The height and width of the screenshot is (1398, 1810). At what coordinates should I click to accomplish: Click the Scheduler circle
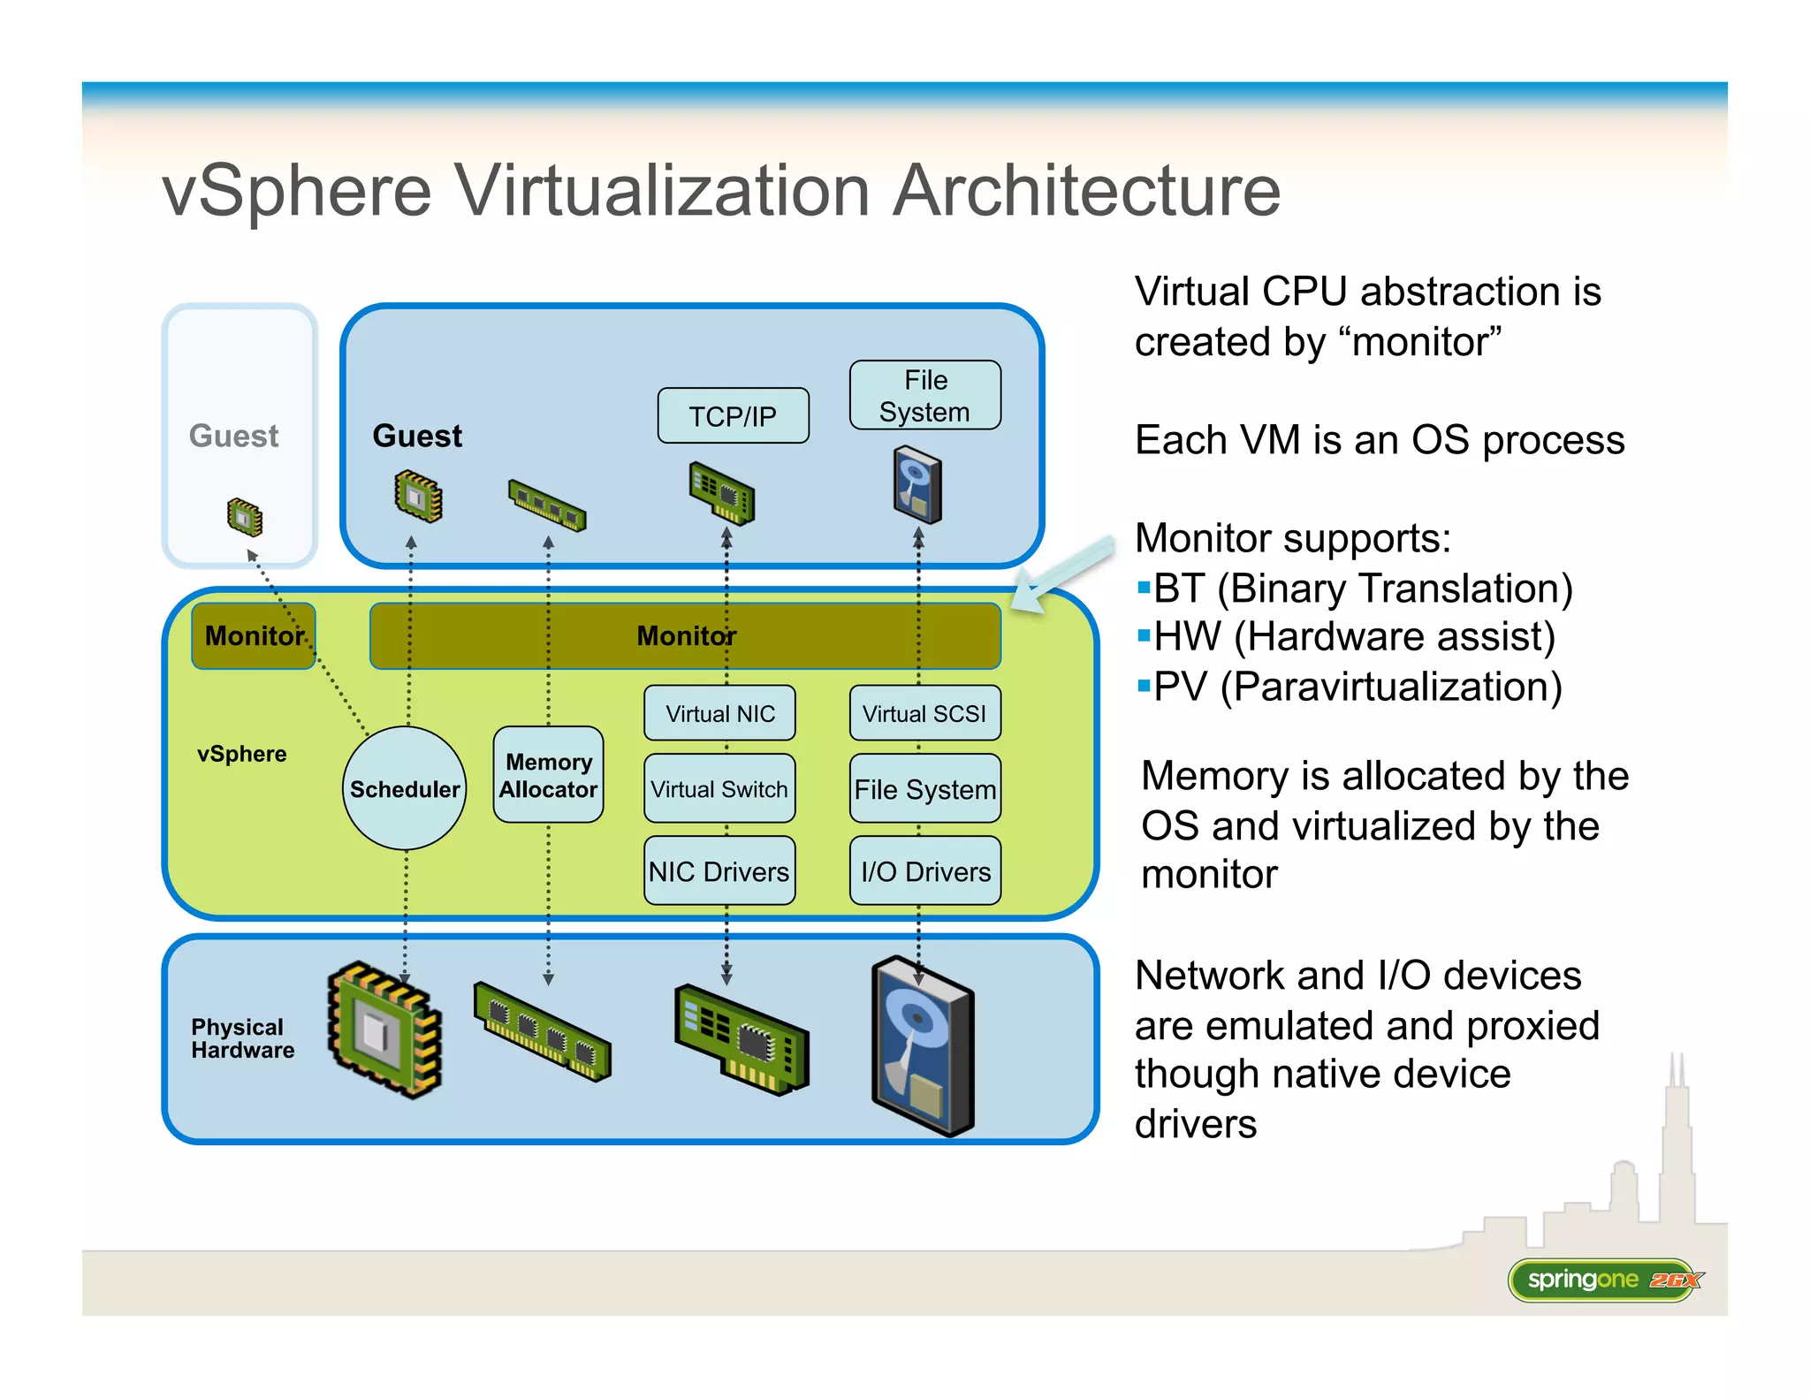pyautogui.click(x=405, y=787)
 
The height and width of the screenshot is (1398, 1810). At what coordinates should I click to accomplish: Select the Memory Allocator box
pyautogui.click(x=548, y=775)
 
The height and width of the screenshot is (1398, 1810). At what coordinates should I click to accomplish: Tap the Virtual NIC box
pyautogui.click(x=719, y=713)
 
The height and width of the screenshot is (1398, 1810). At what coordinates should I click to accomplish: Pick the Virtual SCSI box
pyautogui.click(x=924, y=713)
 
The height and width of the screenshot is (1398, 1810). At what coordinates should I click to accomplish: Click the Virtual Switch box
pyautogui.click(x=719, y=788)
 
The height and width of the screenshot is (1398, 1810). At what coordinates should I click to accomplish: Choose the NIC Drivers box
pyautogui.click(x=719, y=871)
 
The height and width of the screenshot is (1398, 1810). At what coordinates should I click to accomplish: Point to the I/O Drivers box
pyautogui.click(x=924, y=871)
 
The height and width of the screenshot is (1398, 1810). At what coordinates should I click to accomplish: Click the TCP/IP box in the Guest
pyautogui.click(x=733, y=415)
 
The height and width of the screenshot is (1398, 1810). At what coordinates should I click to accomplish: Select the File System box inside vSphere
pyautogui.click(x=924, y=788)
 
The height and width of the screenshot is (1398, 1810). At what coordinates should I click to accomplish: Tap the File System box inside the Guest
pyautogui.click(x=924, y=395)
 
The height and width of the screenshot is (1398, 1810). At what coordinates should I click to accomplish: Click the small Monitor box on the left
pyautogui.click(x=254, y=635)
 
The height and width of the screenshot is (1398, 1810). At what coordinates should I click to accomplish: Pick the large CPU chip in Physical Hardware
pyautogui.click(x=385, y=1030)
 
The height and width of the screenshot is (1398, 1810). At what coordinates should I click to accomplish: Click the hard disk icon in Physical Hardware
pyautogui.click(x=922, y=1046)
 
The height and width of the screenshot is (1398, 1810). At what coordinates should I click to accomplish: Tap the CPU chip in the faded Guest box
pyautogui.click(x=245, y=517)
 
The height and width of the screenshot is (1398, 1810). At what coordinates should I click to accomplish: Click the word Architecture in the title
pyautogui.click(x=1086, y=190)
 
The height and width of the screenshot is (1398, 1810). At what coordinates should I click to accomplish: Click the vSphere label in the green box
pyautogui.click(x=241, y=754)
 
